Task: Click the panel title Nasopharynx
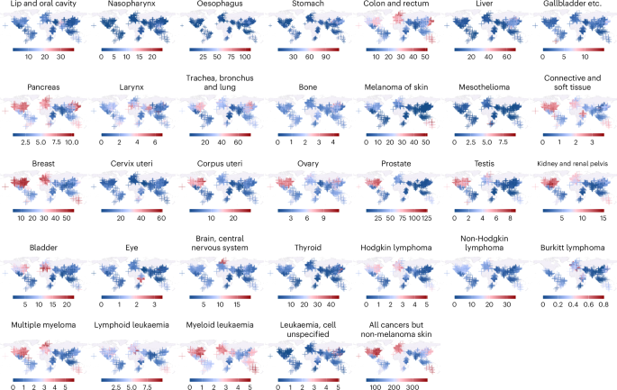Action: pos(132,4)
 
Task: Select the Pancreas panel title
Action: pos(43,87)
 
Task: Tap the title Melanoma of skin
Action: pos(395,87)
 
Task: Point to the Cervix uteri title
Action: pos(132,163)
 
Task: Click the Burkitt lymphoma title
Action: pos(573,248)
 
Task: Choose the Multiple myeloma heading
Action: pos(43,324)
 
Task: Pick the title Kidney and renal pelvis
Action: pos(573,163)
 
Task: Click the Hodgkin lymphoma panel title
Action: pos(395,248)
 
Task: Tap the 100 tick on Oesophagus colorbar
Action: pos(245,57)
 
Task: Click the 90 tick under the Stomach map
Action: pos(325,57)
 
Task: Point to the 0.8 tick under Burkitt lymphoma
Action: pos(603,304)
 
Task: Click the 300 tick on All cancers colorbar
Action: pos(413,387)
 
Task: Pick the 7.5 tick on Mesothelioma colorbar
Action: pos(503,142)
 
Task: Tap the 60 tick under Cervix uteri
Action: pos(161,218)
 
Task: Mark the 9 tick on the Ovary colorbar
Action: pos(323,218)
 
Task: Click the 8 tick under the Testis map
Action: pos(510,218)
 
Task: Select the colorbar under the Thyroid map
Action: pos(308,297)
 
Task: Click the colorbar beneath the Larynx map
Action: pos(132,135)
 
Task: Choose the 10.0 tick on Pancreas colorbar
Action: pos(72,142)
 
